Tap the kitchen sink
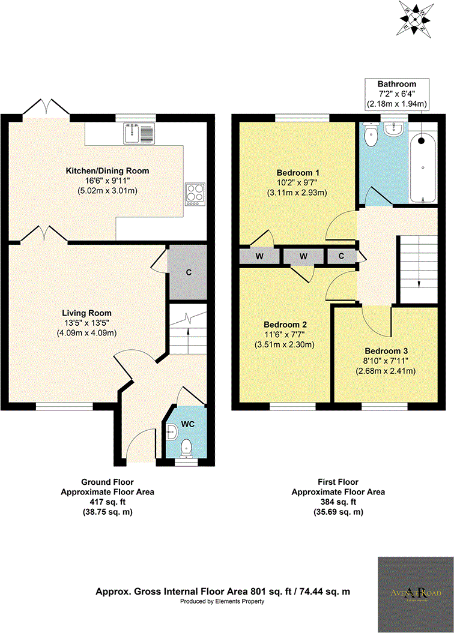[139, 133]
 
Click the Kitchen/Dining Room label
[107, 171]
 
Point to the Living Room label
[87, 313]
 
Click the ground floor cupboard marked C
[188, 272]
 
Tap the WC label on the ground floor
[188, 424]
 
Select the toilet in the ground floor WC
[187, 447]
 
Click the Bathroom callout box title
[397, 83]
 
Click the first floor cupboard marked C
[341, 256]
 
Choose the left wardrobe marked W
[259, 256]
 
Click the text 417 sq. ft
[107, 502]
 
